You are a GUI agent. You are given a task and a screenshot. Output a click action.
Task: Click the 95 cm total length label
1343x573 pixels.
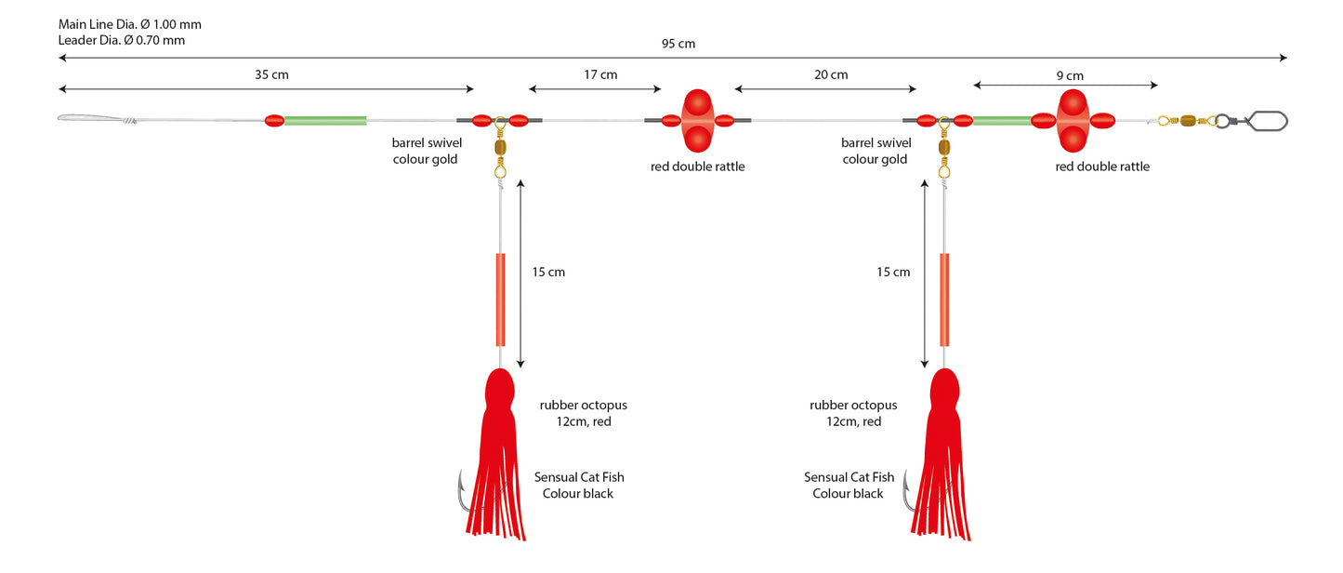tap(678, 44)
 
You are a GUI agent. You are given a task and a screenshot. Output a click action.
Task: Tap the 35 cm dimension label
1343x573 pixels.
tap(271, 75)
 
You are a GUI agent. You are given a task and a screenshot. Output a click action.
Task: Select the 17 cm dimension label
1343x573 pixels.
tap(600, 75)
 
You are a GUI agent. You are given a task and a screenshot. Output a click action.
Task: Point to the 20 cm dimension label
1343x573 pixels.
tap(830, 75)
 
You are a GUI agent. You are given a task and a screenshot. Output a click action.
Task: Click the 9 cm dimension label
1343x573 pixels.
tap(1070, 76)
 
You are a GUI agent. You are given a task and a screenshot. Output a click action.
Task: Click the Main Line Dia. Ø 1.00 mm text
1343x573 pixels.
tap(129, 24)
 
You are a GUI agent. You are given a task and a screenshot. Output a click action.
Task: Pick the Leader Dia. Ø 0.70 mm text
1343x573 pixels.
tap(121, 40)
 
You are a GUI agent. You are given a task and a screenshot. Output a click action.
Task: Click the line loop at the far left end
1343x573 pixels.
tap(96, 118)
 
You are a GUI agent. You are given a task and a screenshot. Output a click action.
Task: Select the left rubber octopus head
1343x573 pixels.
tap(500, 390)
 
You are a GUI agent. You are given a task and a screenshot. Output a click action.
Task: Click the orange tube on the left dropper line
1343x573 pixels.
tap(500, 300)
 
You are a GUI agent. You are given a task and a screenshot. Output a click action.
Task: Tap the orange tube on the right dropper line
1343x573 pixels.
tap(943, 300)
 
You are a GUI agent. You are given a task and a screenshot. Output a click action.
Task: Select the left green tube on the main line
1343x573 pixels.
tap(325, 121)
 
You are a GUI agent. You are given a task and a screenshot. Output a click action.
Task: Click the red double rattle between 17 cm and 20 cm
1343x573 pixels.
tap(697, 121)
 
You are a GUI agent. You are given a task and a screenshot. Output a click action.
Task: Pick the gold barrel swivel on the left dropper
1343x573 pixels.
tap(500, 148)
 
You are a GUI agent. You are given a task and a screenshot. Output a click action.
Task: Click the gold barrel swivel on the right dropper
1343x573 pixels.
tap(943, 148)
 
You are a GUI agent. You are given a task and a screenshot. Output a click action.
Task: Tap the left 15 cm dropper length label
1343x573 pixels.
tap(548, 273)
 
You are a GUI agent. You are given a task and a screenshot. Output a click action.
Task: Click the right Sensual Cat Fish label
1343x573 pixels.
tap(849, 477)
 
